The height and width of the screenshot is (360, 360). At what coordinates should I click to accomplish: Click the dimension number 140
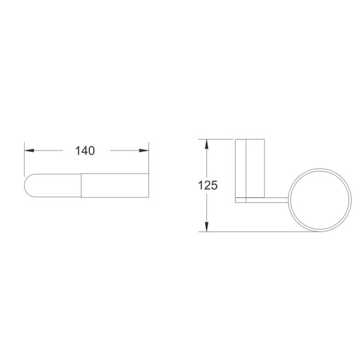tap(85, 151)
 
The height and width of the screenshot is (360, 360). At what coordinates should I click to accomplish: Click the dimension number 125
tap(208, 185)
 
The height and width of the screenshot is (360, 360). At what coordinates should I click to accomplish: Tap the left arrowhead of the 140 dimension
tap(29, 151)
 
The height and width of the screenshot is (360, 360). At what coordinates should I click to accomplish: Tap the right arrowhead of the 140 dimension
tap(144, 151)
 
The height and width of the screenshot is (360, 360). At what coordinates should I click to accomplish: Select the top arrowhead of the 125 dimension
tap(207, 144)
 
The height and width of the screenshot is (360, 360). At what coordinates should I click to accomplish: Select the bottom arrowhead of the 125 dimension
tap(207, 227)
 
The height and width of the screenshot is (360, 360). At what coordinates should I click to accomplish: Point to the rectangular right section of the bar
tap(115, 185)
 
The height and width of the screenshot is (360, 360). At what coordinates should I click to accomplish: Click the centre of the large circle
tap(320, 200)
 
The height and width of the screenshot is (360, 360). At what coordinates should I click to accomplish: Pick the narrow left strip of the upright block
tap(241, 168)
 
